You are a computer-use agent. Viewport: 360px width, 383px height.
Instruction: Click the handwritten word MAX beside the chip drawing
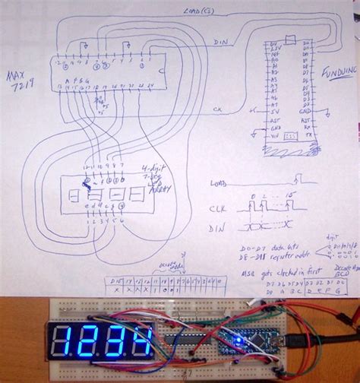[14, 76]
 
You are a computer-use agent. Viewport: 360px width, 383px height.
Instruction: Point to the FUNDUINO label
[336, 74]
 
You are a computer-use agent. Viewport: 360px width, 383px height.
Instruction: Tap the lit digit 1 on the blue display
[62, 344]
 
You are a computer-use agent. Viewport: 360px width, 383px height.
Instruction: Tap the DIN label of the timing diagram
[218, 226]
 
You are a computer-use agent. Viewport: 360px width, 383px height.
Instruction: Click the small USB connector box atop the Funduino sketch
[289, 39]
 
